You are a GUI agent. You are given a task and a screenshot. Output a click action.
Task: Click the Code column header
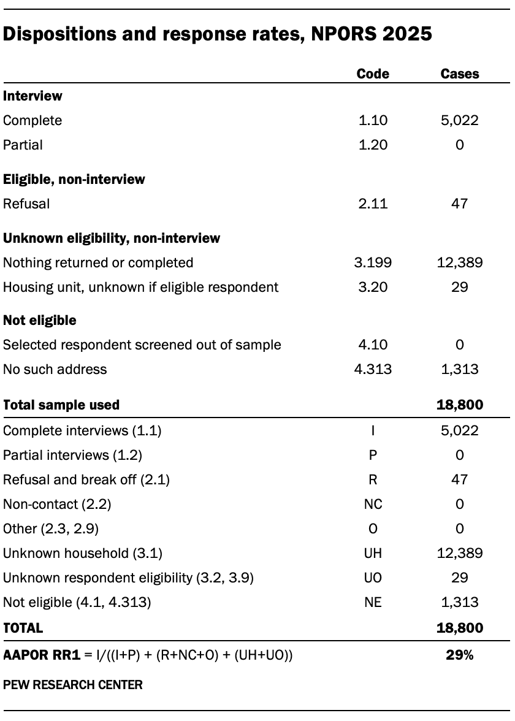tap(373, 74)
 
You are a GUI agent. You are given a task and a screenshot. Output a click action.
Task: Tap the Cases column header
tap(460, 74)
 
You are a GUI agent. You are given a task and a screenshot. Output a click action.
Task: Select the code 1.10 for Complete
tap(373, 120)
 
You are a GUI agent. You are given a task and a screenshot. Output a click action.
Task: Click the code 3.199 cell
tap(373, 262)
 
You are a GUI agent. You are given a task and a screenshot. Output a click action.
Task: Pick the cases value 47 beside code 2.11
tap(460, 204)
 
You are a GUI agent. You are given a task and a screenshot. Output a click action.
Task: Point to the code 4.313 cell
tap(373, 369)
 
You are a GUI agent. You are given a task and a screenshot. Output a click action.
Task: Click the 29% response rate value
tap(460, 655)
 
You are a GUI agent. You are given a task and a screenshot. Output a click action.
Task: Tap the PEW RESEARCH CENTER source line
tap(72, 685)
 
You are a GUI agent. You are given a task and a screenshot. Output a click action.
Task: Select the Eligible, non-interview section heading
tap(74, 179)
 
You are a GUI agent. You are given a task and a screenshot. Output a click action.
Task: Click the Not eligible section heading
tap(40, 320)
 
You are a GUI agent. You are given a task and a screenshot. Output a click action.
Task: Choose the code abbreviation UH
tap(373, 553)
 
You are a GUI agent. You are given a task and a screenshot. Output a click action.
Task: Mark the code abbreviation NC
tap(373, 504)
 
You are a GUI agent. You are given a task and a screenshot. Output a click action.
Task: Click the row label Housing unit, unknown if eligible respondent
tap(140, 287)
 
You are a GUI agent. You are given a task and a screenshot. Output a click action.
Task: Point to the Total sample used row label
tap(61, 405)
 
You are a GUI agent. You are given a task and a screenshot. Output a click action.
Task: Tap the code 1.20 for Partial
tap(373, 145)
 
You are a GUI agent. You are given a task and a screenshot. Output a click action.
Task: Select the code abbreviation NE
tap(373, 602)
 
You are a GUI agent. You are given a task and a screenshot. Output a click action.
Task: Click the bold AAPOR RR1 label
tap(42, 655)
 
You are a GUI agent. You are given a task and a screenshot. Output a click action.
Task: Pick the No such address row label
tap(55, 369)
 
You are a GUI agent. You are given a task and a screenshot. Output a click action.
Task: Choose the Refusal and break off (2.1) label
tap(86, 479)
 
